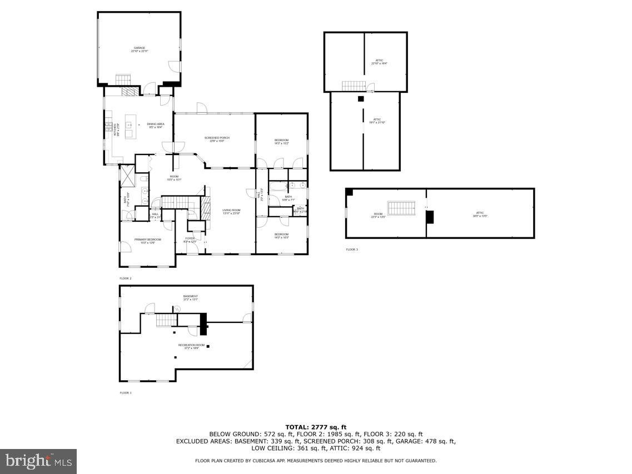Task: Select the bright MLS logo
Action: [x=38, y=461]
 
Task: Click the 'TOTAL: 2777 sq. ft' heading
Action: [x=316, y=427]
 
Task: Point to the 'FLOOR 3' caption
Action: [x=352, y=250]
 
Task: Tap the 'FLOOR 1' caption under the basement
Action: [x=126, y=393]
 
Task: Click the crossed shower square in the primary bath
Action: [x=127, y=177]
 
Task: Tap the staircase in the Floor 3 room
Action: [x=401, y=208]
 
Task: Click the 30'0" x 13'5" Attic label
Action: [x=480, y=214]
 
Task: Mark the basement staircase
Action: [x=166, y=320]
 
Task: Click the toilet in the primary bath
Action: [x=143, y=179]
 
